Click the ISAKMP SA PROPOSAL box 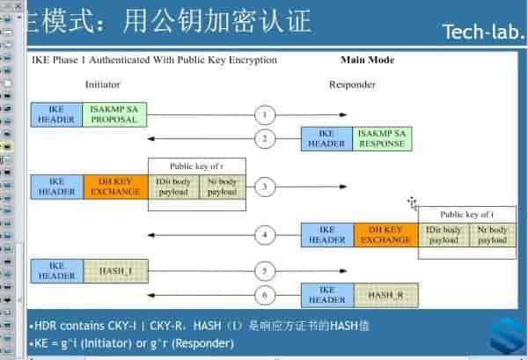tap(114, 114)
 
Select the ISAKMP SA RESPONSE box tap(382, 138)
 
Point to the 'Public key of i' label tap(466, 214)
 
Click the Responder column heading tap(352, 84)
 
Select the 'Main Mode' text tap(367, 61)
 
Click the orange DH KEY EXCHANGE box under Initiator tap(115, 187)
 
